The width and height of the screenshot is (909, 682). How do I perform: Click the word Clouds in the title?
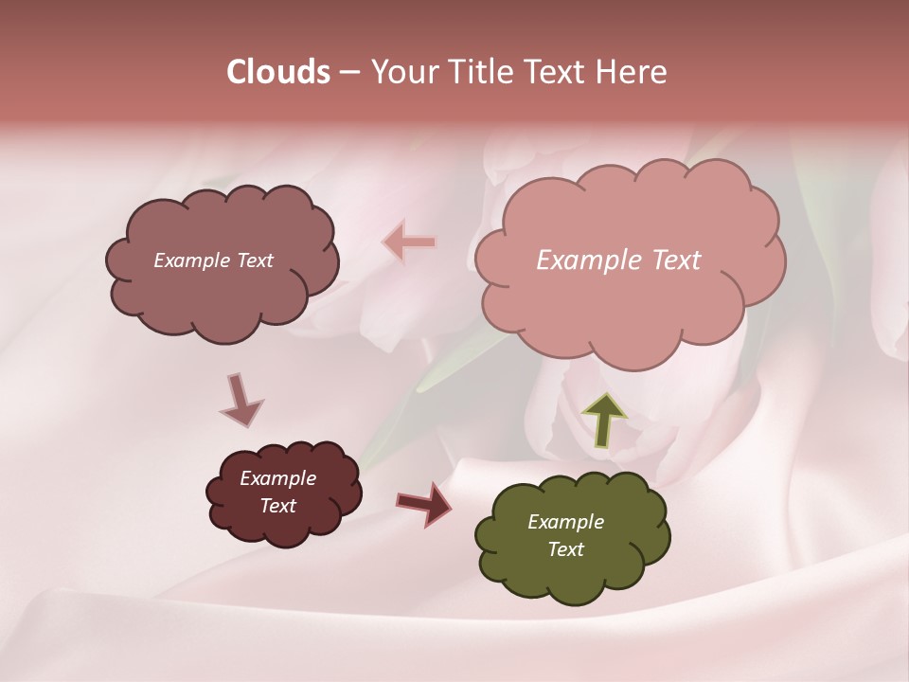point(278,72)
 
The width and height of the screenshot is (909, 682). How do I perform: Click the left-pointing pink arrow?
point(409,242)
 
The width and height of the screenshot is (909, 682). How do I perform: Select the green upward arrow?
point(603,418)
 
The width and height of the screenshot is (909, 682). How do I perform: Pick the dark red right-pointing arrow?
point(423,503)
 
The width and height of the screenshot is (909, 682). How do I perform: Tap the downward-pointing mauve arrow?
point(240,400)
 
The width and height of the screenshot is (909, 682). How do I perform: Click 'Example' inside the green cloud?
point(565,522)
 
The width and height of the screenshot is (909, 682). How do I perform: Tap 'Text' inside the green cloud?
point(565,549)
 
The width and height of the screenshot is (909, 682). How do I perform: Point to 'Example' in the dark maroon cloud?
point(277,478)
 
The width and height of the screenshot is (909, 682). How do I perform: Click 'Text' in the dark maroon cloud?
point(277,506)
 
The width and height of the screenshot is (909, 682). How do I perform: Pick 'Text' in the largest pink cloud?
point(676,260)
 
